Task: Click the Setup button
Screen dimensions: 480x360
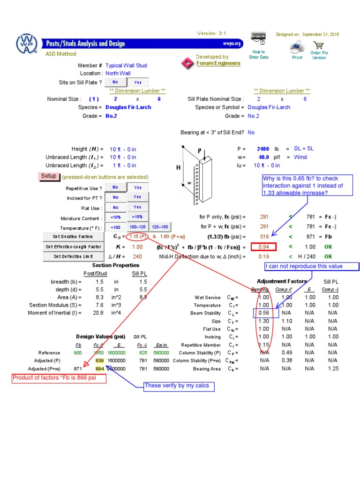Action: coord(49,176)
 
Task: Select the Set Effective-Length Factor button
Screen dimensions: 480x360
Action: coord(73,247)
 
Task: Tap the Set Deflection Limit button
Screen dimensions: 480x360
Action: coord(73,256)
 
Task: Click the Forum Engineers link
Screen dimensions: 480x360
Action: coord(218,63)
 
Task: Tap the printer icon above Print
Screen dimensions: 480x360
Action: coord(297,47)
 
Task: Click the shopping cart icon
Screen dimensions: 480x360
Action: coord(319,45)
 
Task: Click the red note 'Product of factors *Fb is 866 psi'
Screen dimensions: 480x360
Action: coord(58,378)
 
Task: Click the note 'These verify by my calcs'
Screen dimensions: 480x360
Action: coord(180,386)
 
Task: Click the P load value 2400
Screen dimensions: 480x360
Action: coord(263,149)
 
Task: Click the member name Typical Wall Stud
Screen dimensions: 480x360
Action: coord(126,66)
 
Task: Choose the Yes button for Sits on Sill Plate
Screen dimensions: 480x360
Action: coord(137,82)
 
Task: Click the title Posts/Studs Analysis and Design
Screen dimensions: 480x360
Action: coord(85,44)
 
